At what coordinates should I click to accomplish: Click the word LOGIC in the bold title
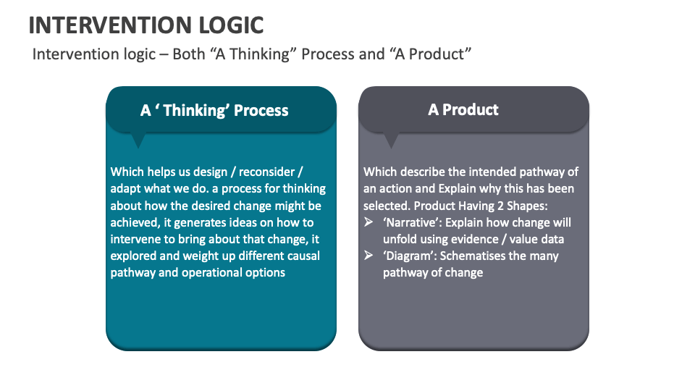[x=229, y=25]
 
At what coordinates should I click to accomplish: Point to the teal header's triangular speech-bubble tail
[x=137, y=140]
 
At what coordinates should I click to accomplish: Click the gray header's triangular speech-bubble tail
[x=391, y=140]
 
